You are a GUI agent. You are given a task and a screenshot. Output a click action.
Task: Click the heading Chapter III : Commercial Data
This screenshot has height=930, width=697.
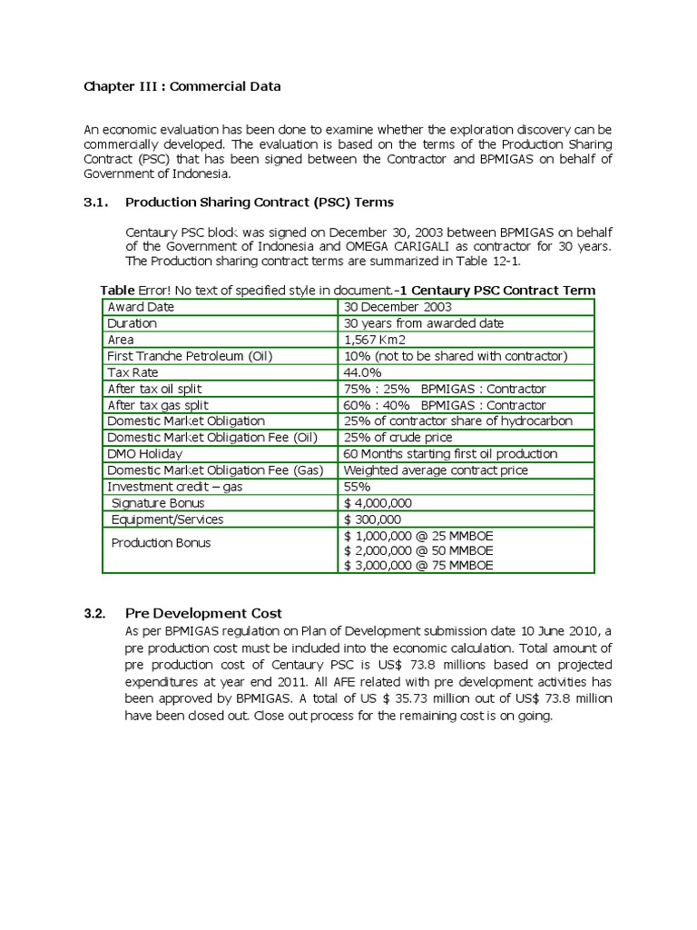(182, 87)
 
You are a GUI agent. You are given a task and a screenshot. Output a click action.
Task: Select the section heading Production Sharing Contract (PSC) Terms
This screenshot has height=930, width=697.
(259, 202)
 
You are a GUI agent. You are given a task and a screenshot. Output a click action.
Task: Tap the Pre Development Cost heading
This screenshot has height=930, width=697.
(203, 613)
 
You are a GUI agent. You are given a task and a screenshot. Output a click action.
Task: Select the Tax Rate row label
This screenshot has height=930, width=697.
(134, 372)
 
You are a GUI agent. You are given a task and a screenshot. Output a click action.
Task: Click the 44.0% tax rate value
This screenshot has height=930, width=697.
(363, 372)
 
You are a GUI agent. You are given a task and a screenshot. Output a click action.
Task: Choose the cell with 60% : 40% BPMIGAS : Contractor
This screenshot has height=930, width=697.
(445, 405)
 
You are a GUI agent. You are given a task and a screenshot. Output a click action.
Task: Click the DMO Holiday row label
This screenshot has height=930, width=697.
(144, 454)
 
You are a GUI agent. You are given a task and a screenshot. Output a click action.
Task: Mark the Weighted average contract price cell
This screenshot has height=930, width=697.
(436, 470)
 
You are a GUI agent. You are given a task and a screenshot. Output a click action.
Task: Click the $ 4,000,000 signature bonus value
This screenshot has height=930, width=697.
(378, 503)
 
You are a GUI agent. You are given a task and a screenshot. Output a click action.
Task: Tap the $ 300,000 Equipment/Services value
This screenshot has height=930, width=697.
(374, 519)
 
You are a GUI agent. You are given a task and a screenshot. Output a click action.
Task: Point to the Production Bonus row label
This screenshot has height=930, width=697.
(161, 543)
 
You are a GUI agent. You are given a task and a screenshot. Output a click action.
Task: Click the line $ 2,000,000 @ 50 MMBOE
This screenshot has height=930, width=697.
(418, 550)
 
